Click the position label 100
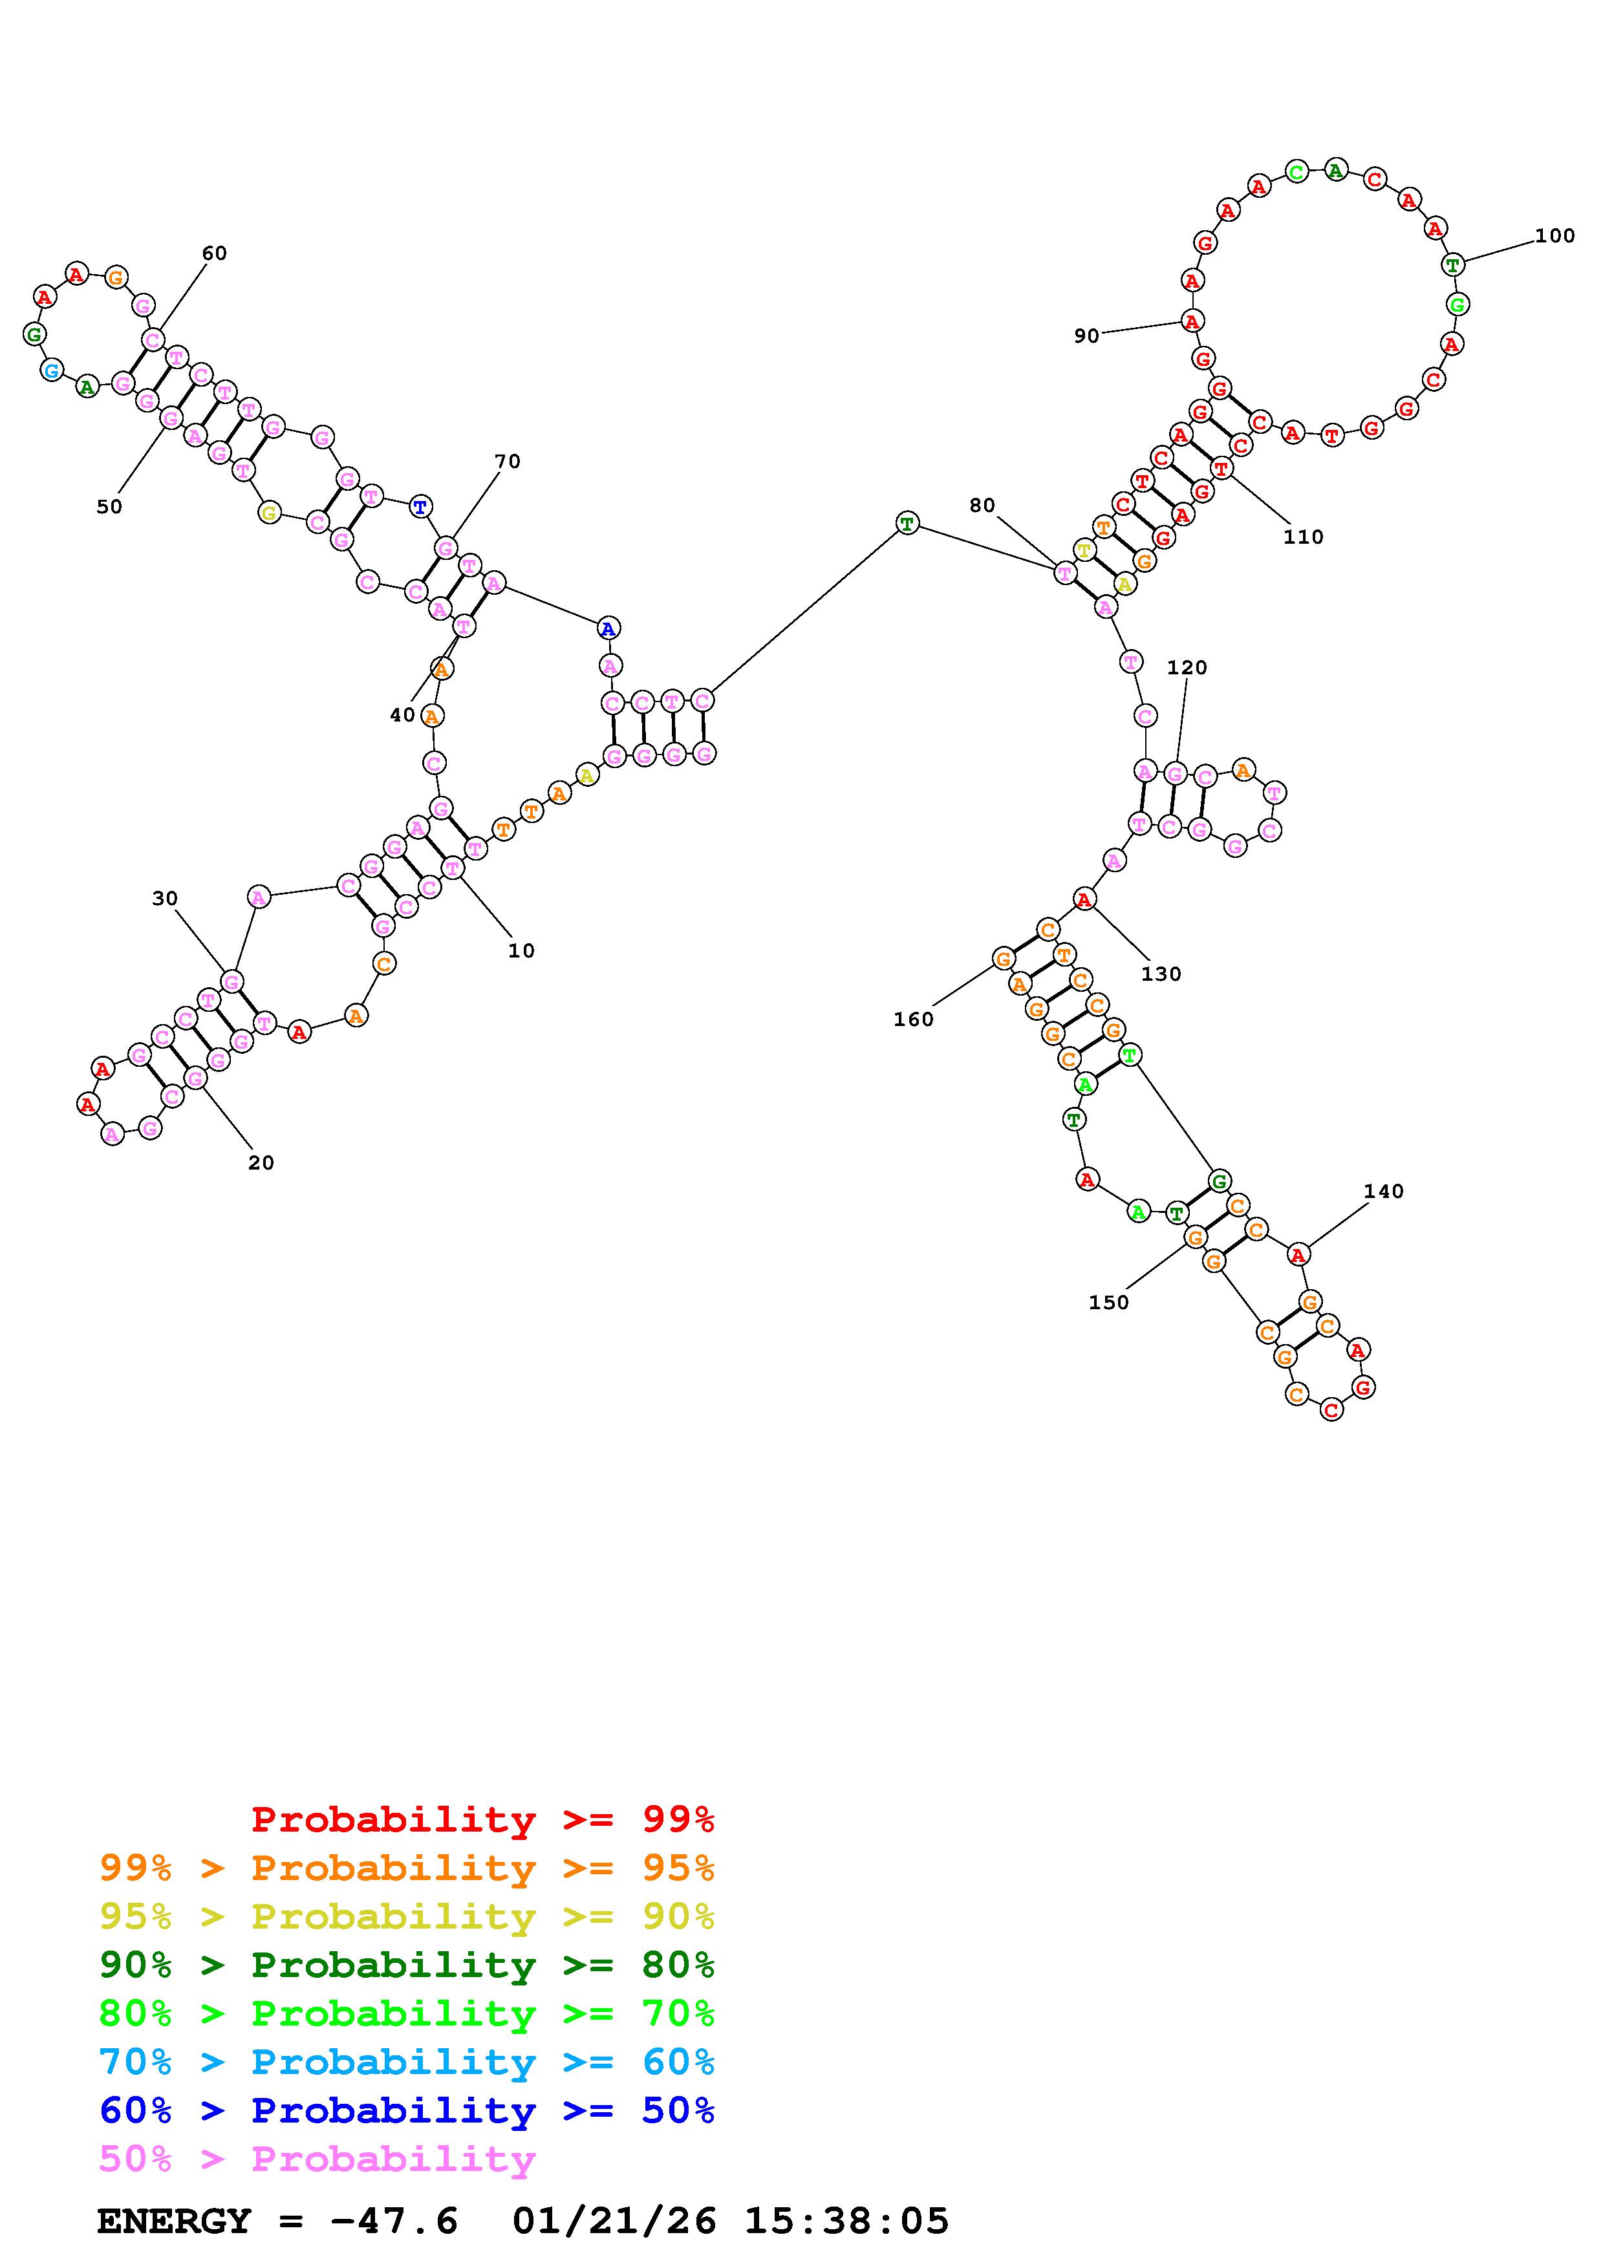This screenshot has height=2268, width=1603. point(1554,236)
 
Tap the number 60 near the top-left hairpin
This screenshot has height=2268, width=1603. point(214,254)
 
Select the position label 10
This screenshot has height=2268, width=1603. point(521,951)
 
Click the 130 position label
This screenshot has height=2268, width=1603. point(1161,974)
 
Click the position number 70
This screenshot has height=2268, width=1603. point(507,462)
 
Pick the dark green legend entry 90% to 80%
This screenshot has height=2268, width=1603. point(406,1965)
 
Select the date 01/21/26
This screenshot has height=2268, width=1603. point(614,2221)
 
